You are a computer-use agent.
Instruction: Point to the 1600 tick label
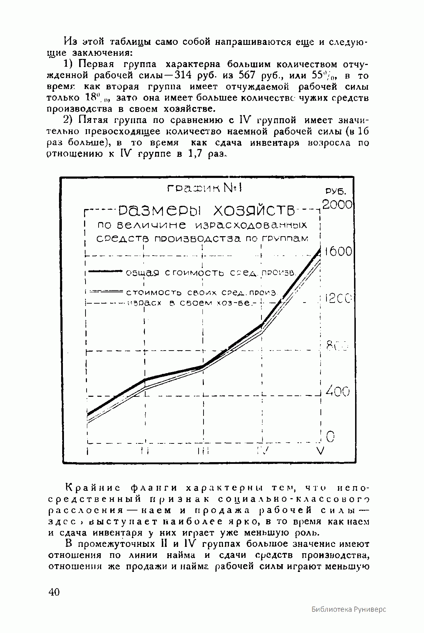[x=338, y=251]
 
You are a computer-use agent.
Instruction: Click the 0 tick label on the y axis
[x=330, y=437]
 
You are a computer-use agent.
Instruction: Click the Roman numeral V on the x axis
[x=320, y=451]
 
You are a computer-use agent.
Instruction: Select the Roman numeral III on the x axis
[x=204, y=451]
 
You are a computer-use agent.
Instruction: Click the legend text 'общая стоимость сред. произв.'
[x=211, y=273]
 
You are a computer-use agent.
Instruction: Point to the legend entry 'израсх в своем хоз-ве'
[x=191, y=303]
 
